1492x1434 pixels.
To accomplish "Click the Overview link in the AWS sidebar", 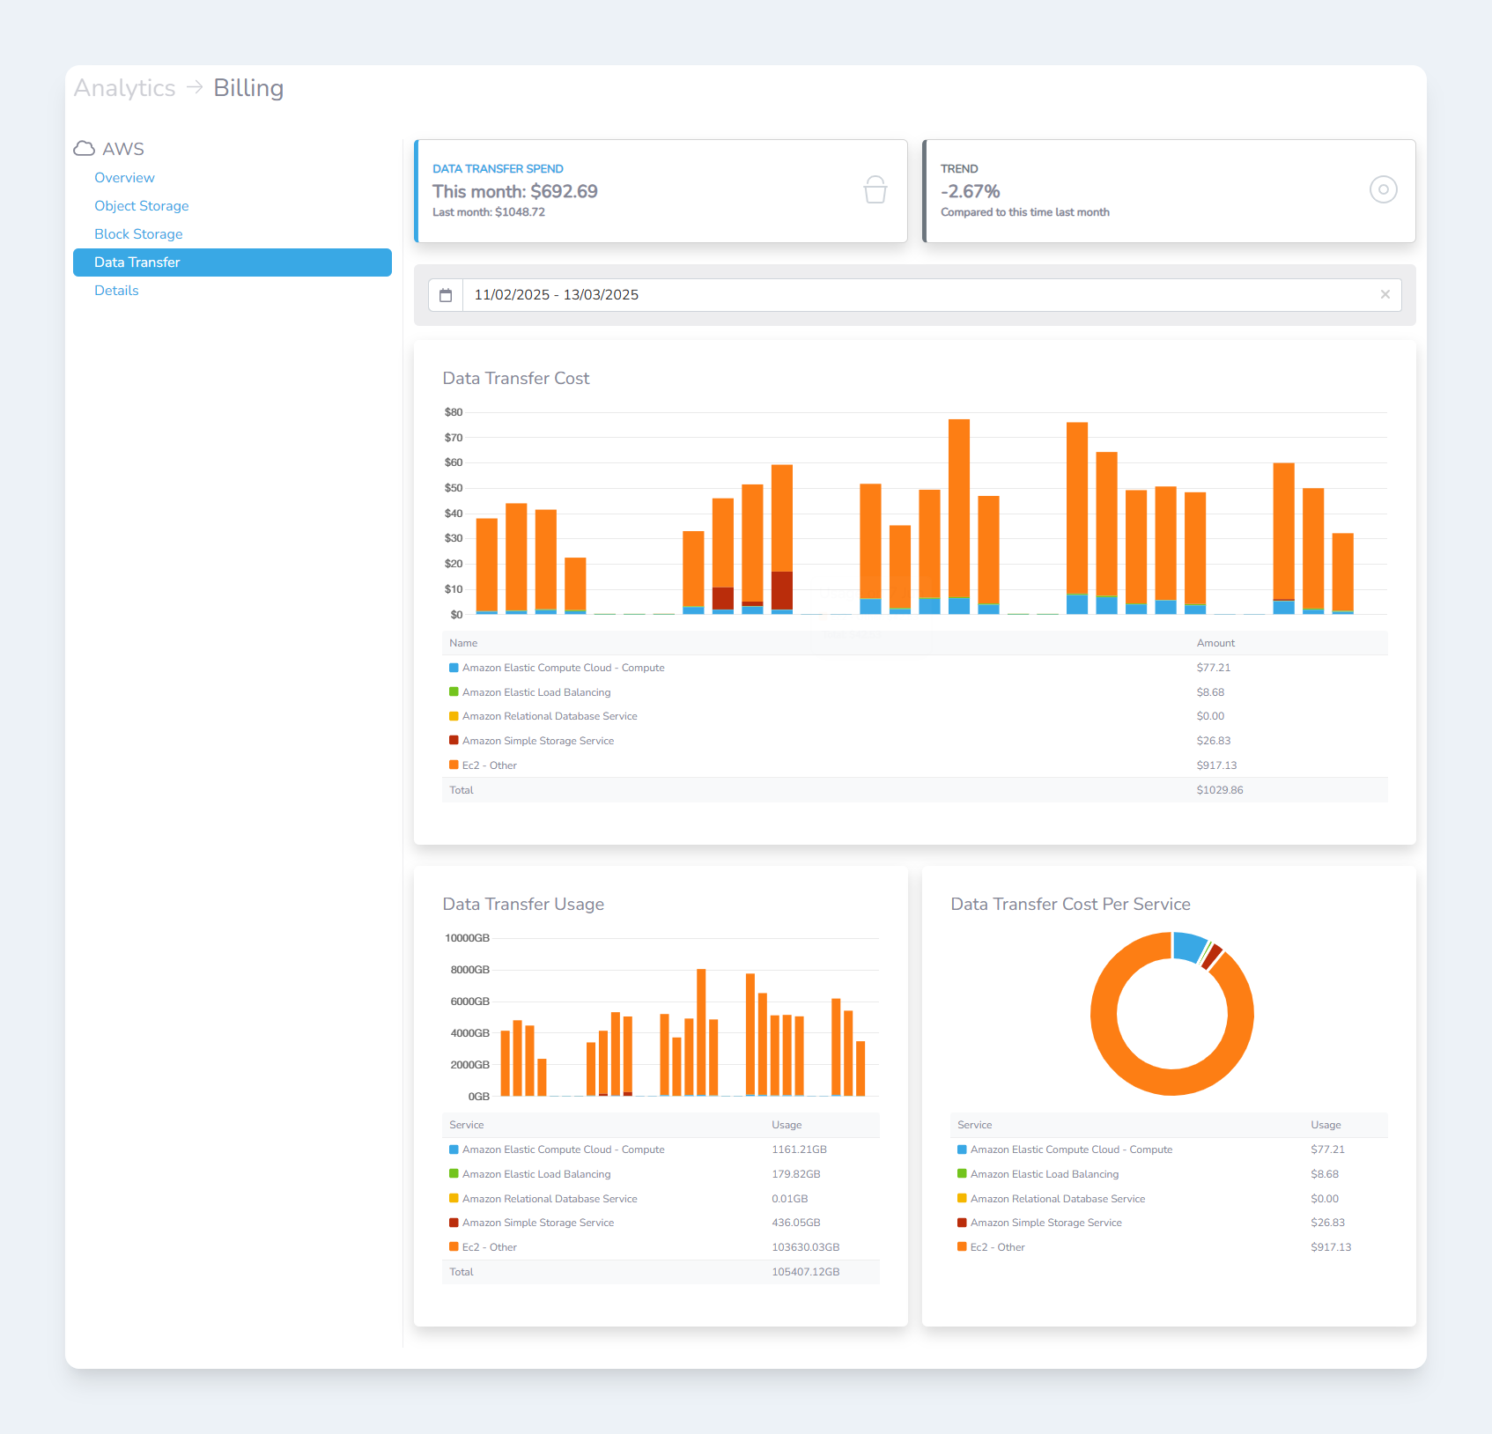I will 124,178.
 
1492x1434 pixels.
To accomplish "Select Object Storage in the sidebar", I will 141,206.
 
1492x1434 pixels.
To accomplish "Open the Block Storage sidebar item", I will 138,234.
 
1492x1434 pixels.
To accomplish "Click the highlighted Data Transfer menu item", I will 137,262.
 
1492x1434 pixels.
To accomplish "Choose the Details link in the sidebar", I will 116,291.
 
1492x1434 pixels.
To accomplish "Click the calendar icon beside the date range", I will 446,295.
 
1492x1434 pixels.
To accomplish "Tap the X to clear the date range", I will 1385,295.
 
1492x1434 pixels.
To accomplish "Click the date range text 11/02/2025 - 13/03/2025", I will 556,295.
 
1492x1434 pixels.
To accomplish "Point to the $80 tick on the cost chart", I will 454,412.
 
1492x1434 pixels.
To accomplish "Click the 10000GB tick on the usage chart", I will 467,938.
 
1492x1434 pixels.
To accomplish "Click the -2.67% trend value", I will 970,192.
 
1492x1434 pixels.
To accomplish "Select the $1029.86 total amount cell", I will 1219,790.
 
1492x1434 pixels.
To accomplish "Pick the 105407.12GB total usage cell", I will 805,1272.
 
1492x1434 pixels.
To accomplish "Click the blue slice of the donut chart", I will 1189,946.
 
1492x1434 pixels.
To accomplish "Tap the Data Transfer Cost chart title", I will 515,379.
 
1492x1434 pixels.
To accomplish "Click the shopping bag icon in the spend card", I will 875,189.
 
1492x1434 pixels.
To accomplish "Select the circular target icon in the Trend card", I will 1383,189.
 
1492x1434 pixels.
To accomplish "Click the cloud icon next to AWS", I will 85,149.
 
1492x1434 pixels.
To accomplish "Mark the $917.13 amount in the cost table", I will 1216,765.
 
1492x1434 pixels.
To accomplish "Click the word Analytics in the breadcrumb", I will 124,88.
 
